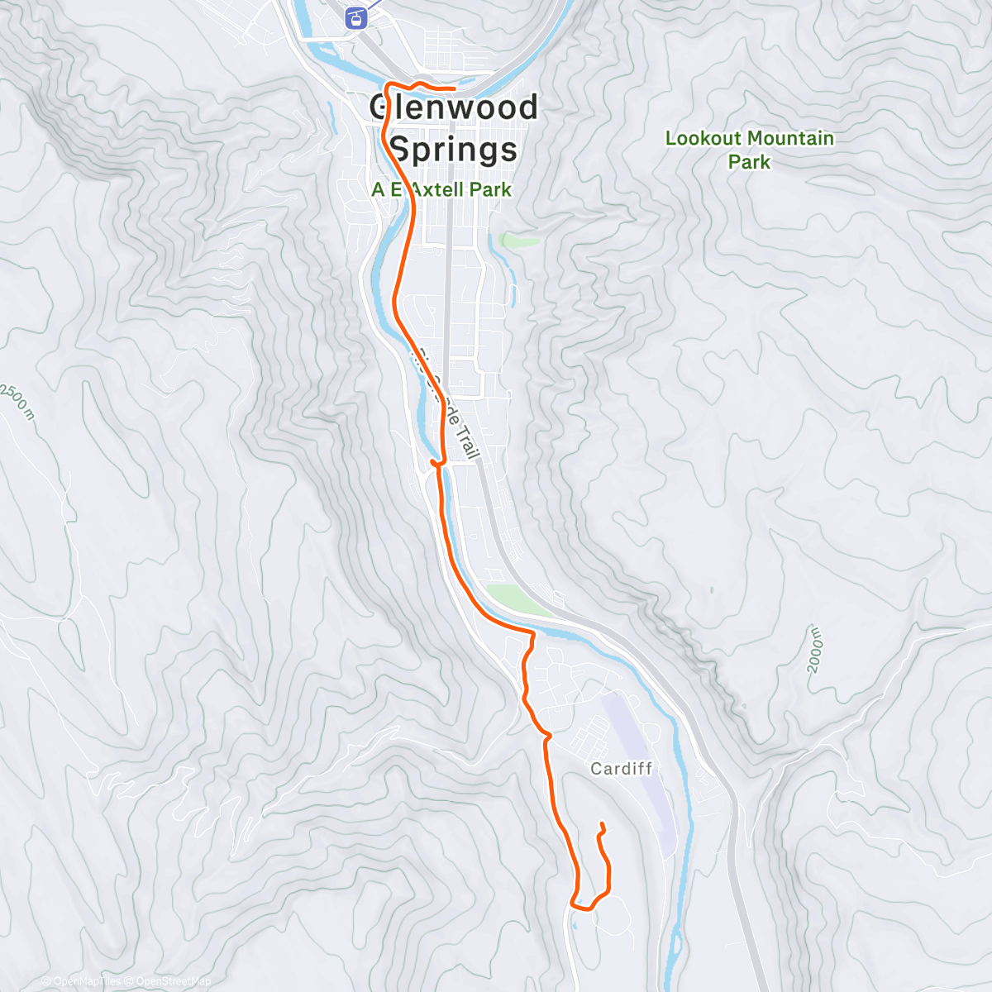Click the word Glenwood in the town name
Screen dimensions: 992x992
click(453, 107)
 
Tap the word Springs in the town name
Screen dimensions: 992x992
click(453, 150)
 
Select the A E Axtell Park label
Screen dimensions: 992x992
click(441, 189)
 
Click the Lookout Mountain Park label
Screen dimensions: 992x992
click(750, 150)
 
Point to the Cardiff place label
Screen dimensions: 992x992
click(622, 769)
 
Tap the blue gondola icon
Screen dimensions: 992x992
click(356, 18)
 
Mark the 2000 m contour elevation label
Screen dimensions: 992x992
click(816, 650)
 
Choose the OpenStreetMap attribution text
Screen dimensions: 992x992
click(169, 981)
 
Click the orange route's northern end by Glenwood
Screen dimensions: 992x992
click(454, 88)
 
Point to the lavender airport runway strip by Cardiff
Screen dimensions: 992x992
click(641, 769)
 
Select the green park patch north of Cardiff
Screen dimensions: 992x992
click(517, 599)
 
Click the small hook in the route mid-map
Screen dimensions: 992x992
click(436, 461)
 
